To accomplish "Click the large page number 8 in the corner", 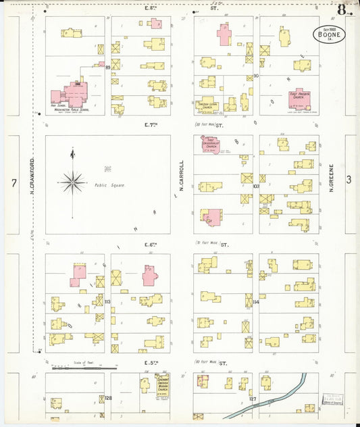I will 344,9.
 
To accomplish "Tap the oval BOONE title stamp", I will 329,34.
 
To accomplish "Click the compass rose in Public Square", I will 72,180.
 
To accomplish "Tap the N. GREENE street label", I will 332,180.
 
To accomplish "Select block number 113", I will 107,301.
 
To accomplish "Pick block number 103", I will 256,185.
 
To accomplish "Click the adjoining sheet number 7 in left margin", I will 13,182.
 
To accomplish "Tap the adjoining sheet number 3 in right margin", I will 349,180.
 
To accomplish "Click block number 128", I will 108,399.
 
